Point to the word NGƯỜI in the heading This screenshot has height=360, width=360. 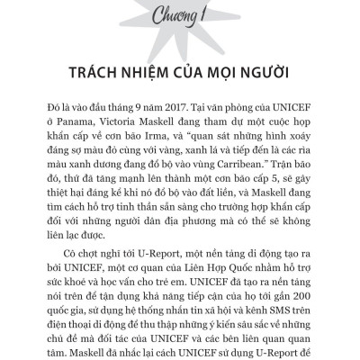click(265, 72)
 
